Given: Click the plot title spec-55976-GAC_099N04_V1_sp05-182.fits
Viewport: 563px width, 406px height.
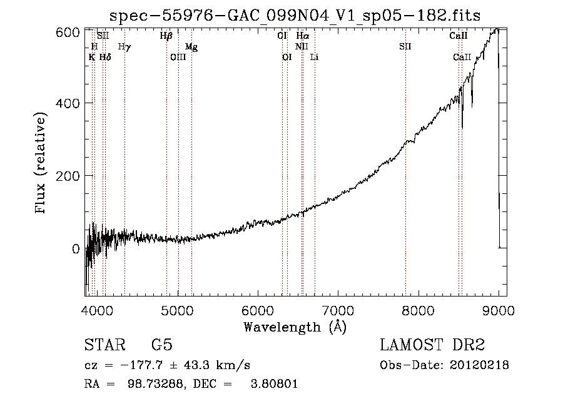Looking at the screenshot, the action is [x=295, y=16].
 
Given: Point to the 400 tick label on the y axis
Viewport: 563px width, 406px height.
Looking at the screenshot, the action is [x=68, y=103].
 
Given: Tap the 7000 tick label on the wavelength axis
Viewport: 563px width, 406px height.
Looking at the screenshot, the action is [x=338, y=310].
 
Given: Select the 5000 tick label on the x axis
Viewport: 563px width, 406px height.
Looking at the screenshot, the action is [x=178, y=310].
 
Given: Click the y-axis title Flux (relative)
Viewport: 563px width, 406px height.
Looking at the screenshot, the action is [x=40, y=163].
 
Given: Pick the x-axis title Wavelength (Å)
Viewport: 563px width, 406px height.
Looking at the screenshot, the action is [x=295, y=327].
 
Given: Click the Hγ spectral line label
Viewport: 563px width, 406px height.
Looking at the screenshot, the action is [x=124, y=47].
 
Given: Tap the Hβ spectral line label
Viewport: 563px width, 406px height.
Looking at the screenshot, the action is [x=166, y=36].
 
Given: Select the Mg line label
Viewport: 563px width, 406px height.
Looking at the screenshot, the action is [x=191, y=47].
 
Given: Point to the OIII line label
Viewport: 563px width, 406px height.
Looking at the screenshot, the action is [x=178, y=57].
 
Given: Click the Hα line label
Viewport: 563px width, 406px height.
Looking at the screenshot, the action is [x=303, y=36].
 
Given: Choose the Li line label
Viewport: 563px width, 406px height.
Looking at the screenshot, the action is [x=314, y=57].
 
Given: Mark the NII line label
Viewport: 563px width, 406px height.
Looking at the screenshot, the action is [x=302, y=46].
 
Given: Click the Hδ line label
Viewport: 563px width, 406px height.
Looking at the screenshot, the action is [x=105, y=57].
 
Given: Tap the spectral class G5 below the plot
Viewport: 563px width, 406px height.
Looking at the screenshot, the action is [x=162, y=345].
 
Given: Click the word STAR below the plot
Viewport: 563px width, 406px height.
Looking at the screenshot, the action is [x=105, y=345].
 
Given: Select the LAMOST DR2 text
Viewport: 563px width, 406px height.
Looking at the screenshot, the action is [x=432, y=345].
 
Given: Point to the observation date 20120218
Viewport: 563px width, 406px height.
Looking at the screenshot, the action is [x=479, y=365].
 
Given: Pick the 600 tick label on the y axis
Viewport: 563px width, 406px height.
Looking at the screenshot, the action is [x=68, y=33].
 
